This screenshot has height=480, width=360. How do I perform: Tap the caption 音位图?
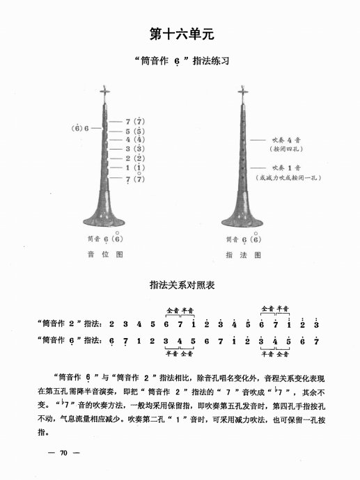[109, 255]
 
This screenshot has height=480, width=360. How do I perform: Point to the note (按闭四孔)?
[285, 150]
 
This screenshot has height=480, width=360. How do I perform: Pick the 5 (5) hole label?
[134, 131]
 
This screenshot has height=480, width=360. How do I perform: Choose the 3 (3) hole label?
[134, 149]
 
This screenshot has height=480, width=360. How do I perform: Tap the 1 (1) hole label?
[134, 168]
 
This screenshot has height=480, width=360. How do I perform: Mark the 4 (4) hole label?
[134, 140]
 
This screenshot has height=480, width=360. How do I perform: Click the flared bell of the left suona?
[106, 217]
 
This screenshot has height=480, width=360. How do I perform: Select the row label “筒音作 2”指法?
[70, 323]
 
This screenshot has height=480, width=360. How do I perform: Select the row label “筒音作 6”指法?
[70, 340]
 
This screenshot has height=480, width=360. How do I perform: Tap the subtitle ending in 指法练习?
[180, 61]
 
